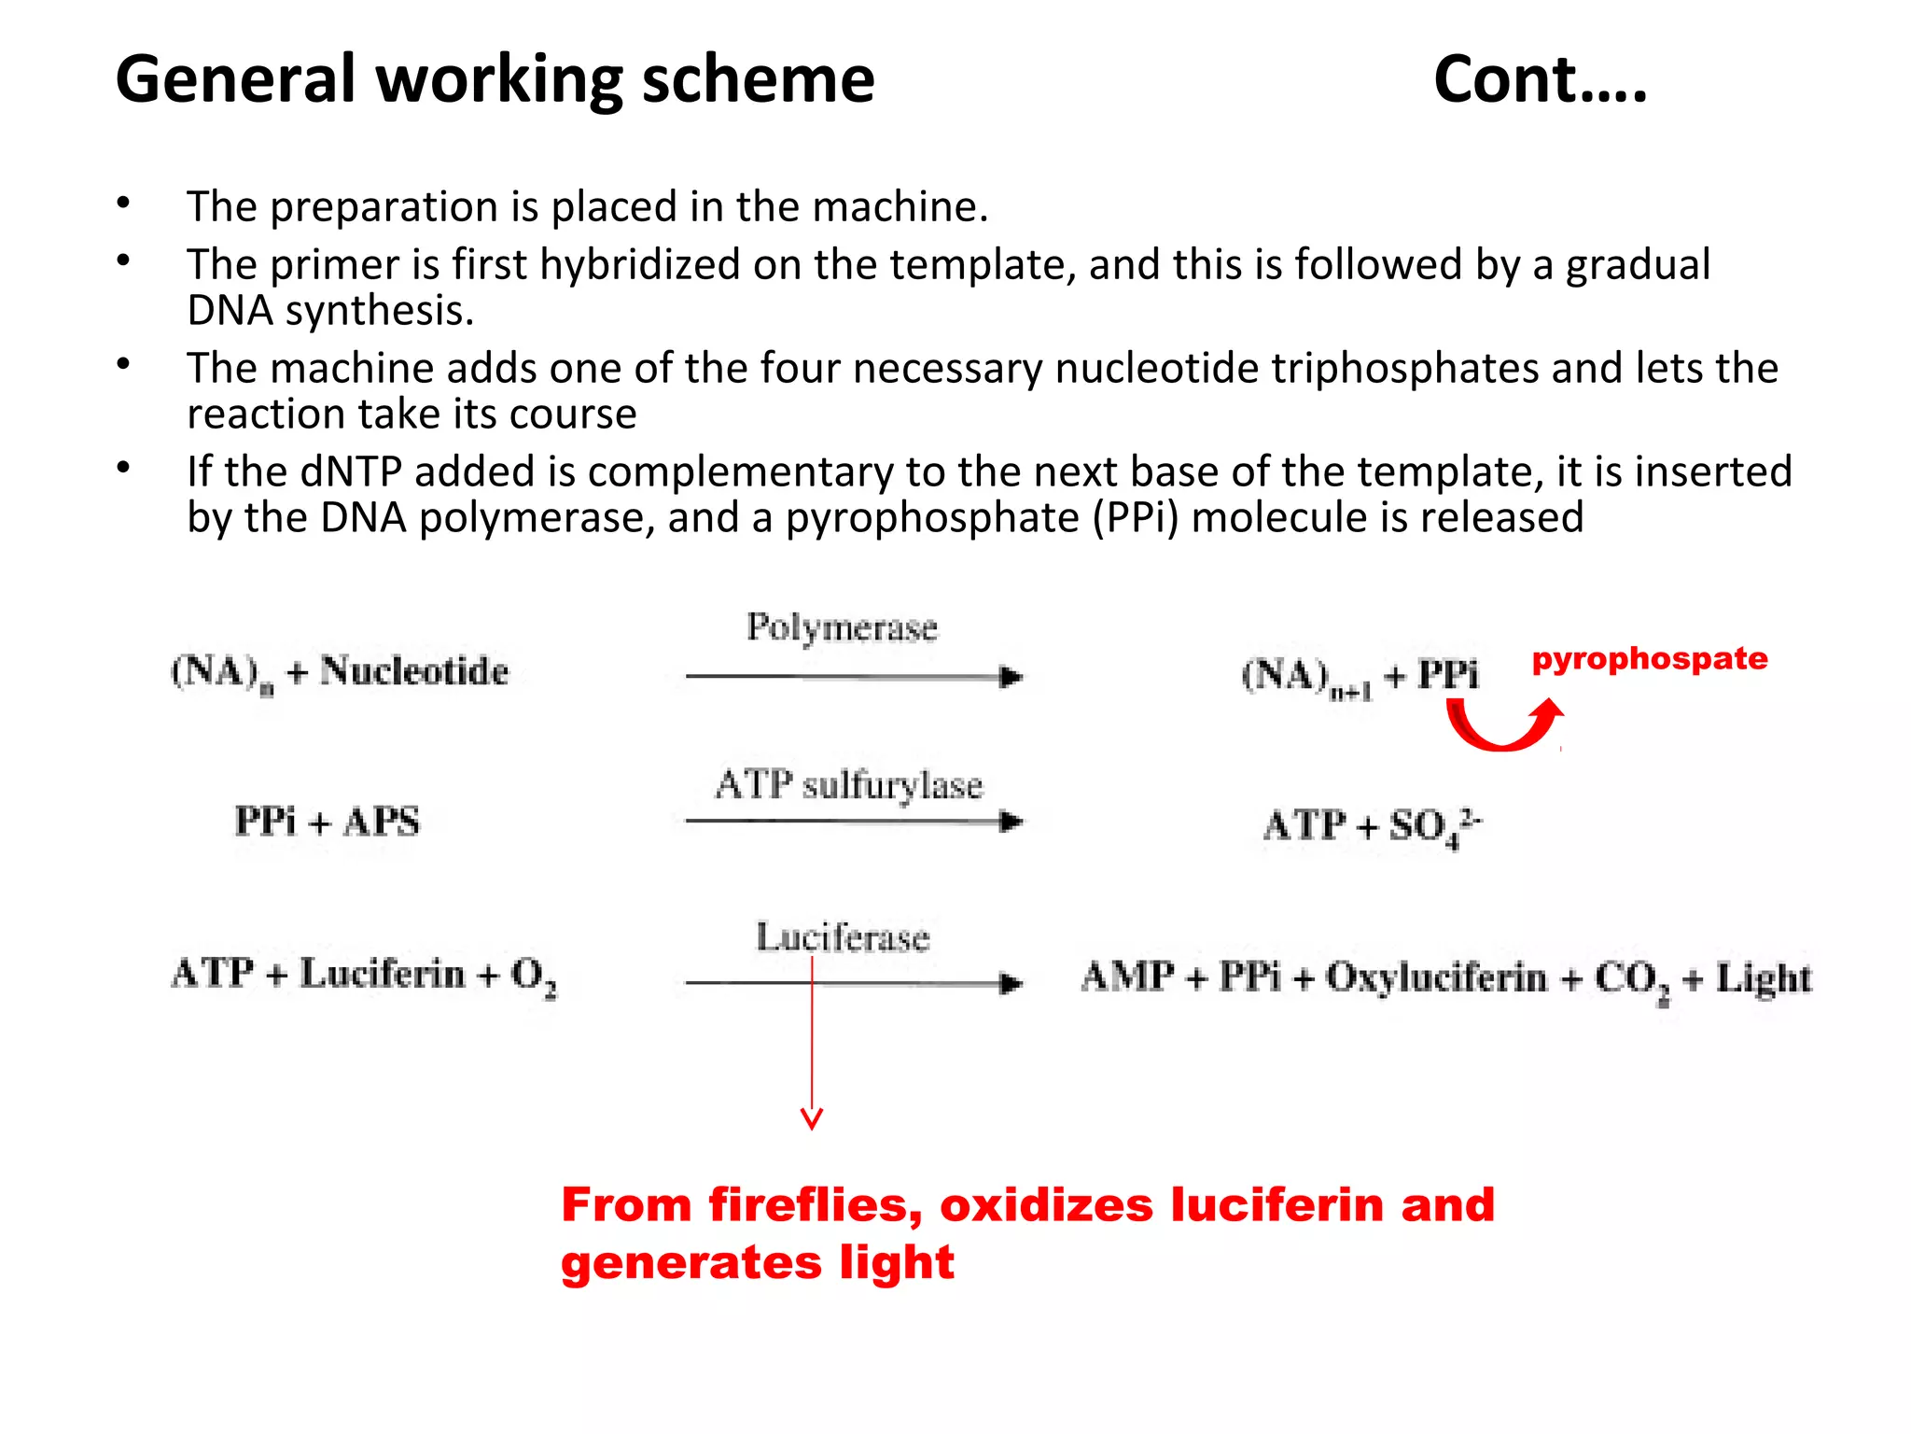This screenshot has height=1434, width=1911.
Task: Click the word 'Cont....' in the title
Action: click(x=1540, y=80)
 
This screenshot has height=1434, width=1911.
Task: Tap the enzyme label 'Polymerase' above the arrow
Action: click(x=842, y=627)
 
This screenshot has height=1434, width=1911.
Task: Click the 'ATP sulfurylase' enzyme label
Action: click(x=849, y=784)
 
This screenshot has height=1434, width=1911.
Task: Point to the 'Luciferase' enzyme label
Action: click(x=843, y=937)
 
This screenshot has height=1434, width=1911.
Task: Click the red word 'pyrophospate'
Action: click(x=1650, y=659)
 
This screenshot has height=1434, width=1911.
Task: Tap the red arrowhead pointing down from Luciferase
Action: click(x=812, y=1118)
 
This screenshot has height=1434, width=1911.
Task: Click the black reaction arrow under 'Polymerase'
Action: click(x=854, y=677)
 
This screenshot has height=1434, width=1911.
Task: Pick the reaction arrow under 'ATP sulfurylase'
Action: click(x=854, y=822)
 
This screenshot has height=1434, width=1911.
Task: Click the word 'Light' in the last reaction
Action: click(x=1764, y=978)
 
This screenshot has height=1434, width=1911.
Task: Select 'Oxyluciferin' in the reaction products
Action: click(x=1436, y=977)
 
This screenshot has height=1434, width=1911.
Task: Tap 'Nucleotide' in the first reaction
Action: click(x=414, y=671)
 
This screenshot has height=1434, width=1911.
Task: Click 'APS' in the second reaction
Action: click(x=382, y=822)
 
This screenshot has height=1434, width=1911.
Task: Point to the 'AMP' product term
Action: click(x=1127, y=977)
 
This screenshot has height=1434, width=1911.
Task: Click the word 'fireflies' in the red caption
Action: click(x=815, y=1204)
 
